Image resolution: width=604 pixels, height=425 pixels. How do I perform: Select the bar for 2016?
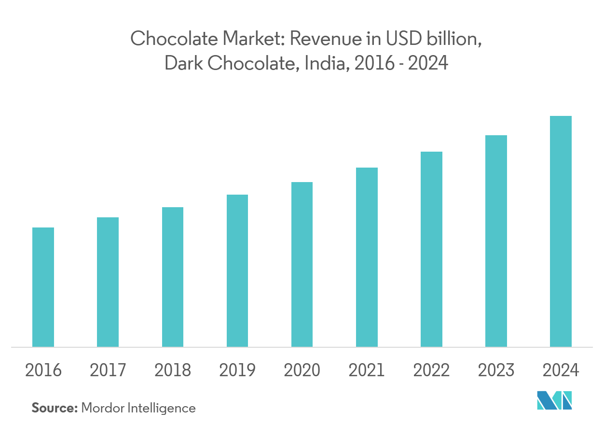[x=43, y=287]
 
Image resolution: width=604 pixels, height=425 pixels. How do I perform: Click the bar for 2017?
[x=108, y=282]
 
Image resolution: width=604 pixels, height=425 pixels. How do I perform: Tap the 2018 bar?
[x=173, y=277]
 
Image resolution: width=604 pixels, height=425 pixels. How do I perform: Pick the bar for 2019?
[x=237, y=270]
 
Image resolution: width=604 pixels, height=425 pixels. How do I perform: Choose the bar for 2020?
[x=302, y=264]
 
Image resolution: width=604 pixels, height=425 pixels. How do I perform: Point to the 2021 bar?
[x=367, y=257]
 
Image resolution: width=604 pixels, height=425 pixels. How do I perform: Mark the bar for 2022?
[x=431, y=249]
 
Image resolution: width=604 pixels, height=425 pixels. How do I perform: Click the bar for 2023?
[x=496, y=241]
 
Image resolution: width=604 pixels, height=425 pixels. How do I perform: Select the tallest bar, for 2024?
[x=561, y=231]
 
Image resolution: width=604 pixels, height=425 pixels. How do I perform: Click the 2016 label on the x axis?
[x=43, y=370]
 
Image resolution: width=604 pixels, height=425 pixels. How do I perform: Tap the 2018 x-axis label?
[x=173, y=370]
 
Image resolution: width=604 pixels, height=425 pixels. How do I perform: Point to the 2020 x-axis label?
[x=302, y=370]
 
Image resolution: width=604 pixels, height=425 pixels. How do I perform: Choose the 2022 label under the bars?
[x=431, y=370]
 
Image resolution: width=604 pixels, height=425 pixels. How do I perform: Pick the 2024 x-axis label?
[x=561, y=370]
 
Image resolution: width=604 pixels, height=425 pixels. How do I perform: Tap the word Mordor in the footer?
[x=103, y=408]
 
